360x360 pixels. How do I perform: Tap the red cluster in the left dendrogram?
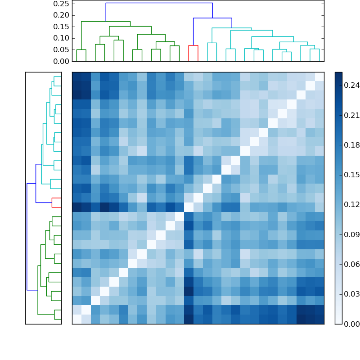point(56,202)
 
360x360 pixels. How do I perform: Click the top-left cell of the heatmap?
point(76,76)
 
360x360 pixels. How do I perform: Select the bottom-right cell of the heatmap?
point(319,319)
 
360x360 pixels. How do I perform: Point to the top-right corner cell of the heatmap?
point(319,76)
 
